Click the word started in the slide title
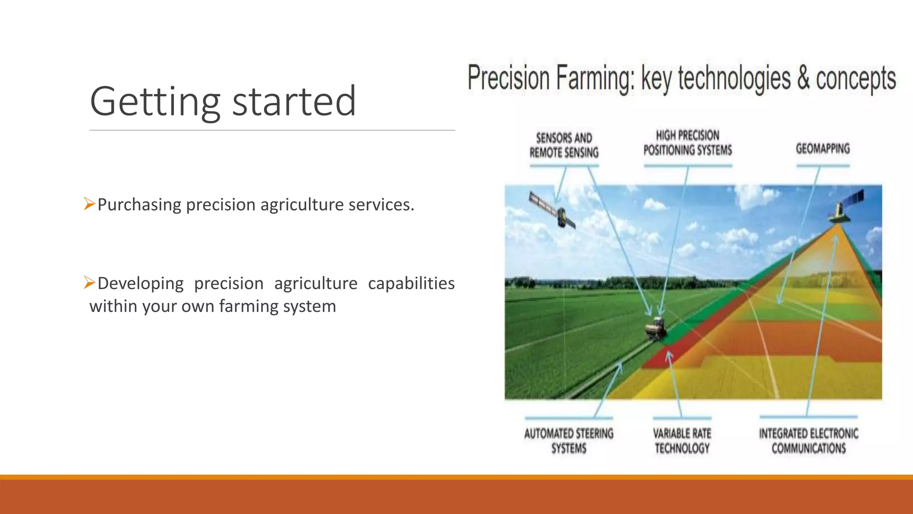click(294, 102)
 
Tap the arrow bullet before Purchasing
click(89, 204)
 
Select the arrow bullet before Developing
click(89, 282)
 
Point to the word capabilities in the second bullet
click(411, 283)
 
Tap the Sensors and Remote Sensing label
click(564, 145)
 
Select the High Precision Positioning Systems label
click(687, 143)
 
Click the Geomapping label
click(823, 149)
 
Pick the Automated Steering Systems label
click(568, 440)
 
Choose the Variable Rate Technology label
click(682, 440)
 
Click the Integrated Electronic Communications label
click(808, 440)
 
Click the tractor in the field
click(656, 329)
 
